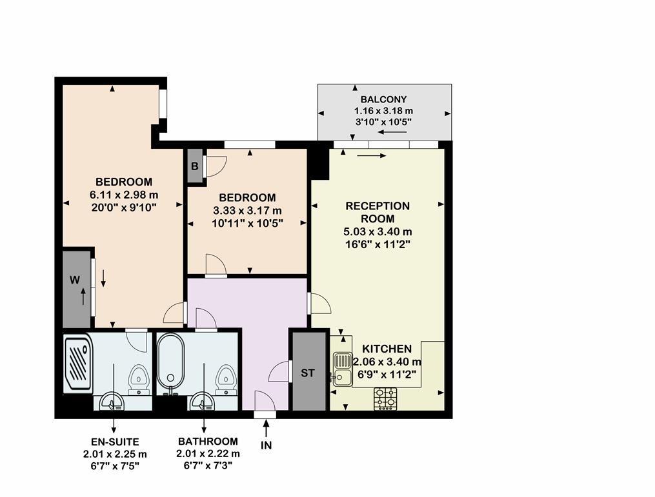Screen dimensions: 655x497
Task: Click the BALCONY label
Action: click(x=383, y=99)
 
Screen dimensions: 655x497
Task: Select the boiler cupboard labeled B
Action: click(x=195, y=166)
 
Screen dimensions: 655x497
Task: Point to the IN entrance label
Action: click(x=266, y=445)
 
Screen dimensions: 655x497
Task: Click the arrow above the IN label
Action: click(x=266, y=429)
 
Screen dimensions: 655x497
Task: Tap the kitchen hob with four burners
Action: click(x=385, y=398)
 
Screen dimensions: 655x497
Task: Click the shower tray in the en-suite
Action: click(x=78, y=363)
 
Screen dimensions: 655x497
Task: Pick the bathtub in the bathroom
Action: click(x=170, y=362)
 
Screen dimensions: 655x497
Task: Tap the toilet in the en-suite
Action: click(x=138, y=378)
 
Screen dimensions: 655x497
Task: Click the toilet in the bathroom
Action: click(x=227, y=378)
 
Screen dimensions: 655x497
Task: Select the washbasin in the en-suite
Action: click(x=111, y=402)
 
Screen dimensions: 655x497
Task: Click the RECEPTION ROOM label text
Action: click(x=378, y=212)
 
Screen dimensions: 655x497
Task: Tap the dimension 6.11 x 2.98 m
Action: click(x=124, y=195)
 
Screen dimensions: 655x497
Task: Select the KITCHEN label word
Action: click(x=387, y=349)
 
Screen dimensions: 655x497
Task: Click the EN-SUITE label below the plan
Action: click(x=115, y=442)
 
